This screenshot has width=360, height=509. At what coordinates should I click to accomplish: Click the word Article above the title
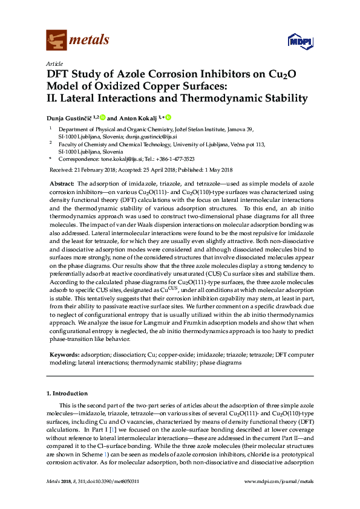54,63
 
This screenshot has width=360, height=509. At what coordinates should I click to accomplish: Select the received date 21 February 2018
92,169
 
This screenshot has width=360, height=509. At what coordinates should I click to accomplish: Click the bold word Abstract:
61,183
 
